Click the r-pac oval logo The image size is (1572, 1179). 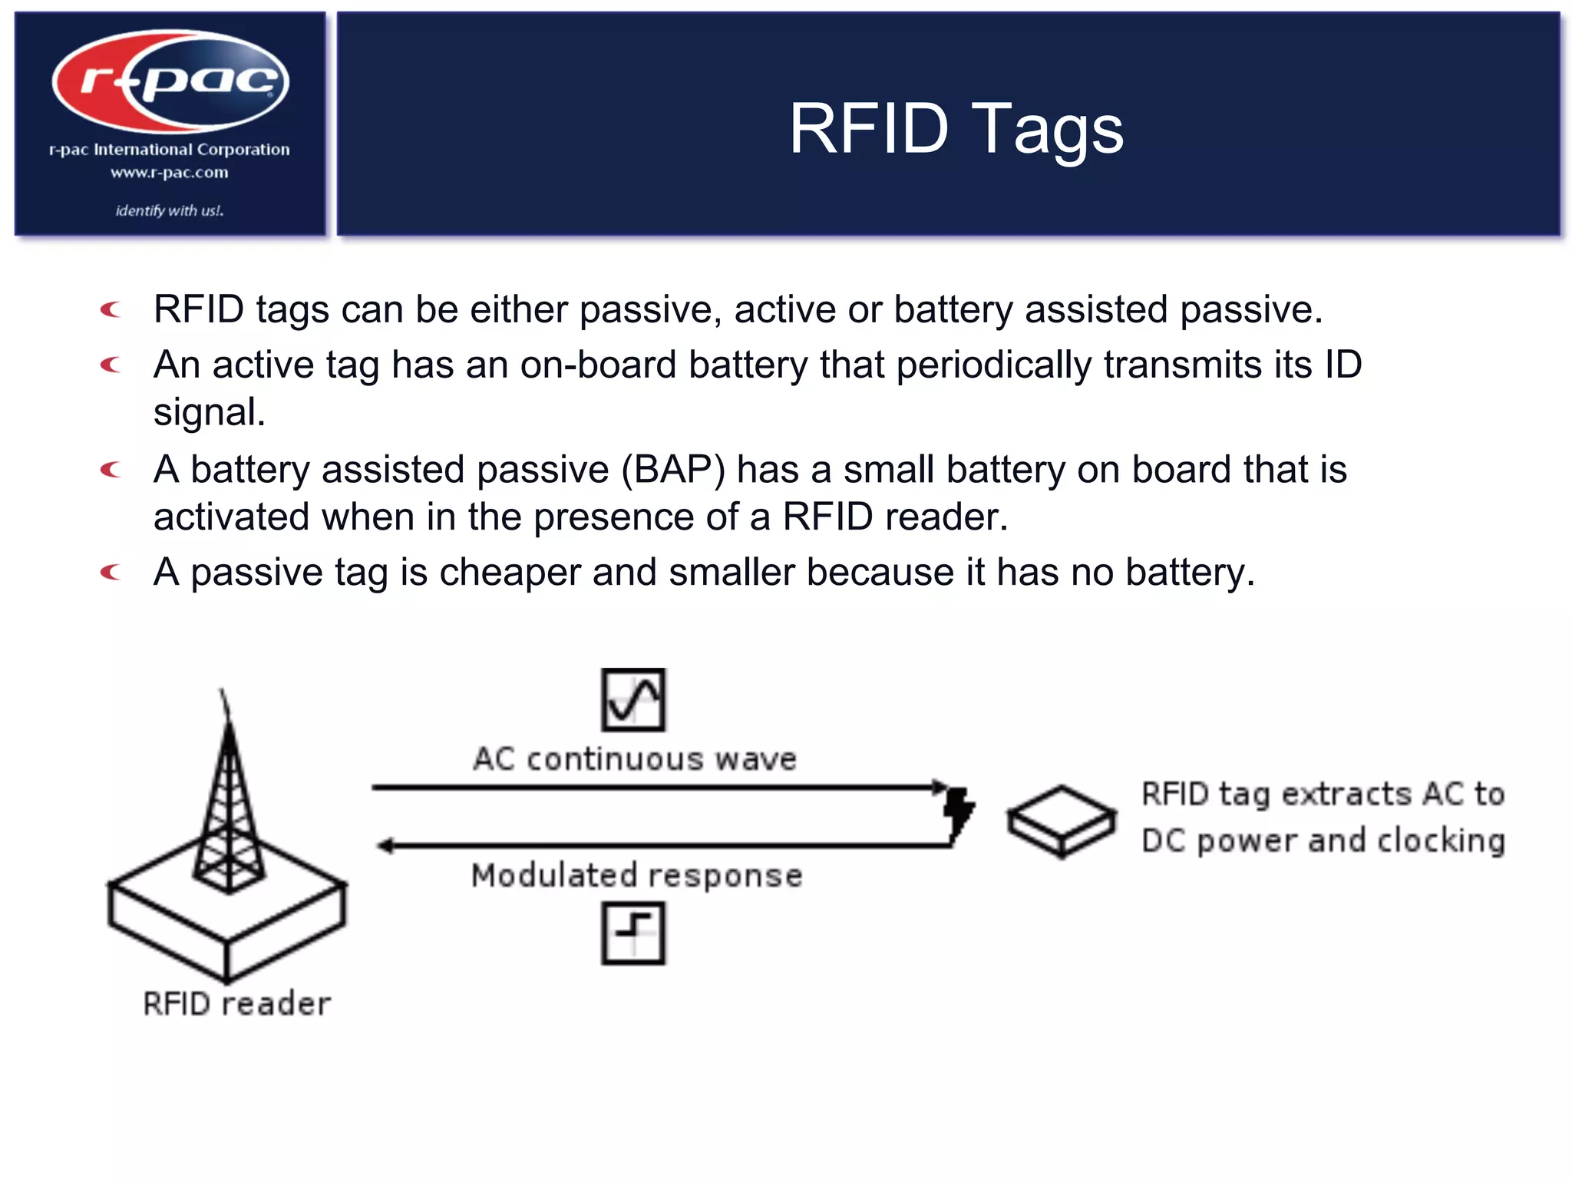[170, 80]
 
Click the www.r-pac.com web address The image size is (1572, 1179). [169, 173]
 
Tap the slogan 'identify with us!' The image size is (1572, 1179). [170, 210]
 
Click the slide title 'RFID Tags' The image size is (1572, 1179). [956, 129]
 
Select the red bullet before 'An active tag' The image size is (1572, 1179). [111, 365]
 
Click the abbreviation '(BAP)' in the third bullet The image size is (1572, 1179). [673, 470]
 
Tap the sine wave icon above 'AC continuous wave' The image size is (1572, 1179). [633, 699]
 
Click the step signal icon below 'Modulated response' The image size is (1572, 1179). [633, 933]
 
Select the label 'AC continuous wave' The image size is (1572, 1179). [635, 759]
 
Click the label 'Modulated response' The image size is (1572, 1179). [636, 876]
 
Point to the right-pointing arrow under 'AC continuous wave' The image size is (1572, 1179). [660, 788]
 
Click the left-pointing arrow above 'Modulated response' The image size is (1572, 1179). [660, 846]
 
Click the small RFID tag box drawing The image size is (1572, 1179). [1062, 821]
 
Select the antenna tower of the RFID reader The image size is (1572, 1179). [228, 806]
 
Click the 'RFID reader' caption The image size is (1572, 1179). [236, 1004]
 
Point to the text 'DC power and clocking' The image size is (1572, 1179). [1323, 841]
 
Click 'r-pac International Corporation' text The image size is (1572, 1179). [170, 150]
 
